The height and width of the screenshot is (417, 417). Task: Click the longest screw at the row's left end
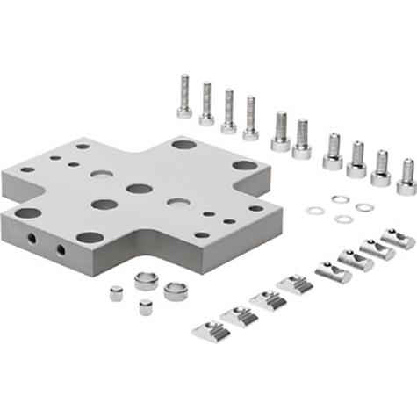(184, 97)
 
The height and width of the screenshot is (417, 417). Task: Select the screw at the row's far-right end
(406, 176)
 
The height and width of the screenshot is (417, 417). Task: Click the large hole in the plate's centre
(139, 188)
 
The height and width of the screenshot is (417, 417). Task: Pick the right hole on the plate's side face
(61, 249)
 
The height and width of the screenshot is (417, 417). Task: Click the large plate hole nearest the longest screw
(183, 143)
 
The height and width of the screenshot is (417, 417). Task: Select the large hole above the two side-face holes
(28, 212)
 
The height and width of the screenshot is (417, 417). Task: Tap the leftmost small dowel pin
(116, 293)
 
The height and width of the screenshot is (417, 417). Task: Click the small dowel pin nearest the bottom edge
(145, 307)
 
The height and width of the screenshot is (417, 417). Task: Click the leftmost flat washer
(314, 211)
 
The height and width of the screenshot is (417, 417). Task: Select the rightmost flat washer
(364, 207)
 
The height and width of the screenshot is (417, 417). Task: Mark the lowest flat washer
(340, 219)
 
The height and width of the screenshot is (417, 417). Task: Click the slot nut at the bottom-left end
(210, 329)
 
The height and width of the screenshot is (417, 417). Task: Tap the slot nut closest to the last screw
(397, 238)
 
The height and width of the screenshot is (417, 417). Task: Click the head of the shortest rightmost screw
(406, 186)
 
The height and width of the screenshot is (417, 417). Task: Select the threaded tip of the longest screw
(184, 81)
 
